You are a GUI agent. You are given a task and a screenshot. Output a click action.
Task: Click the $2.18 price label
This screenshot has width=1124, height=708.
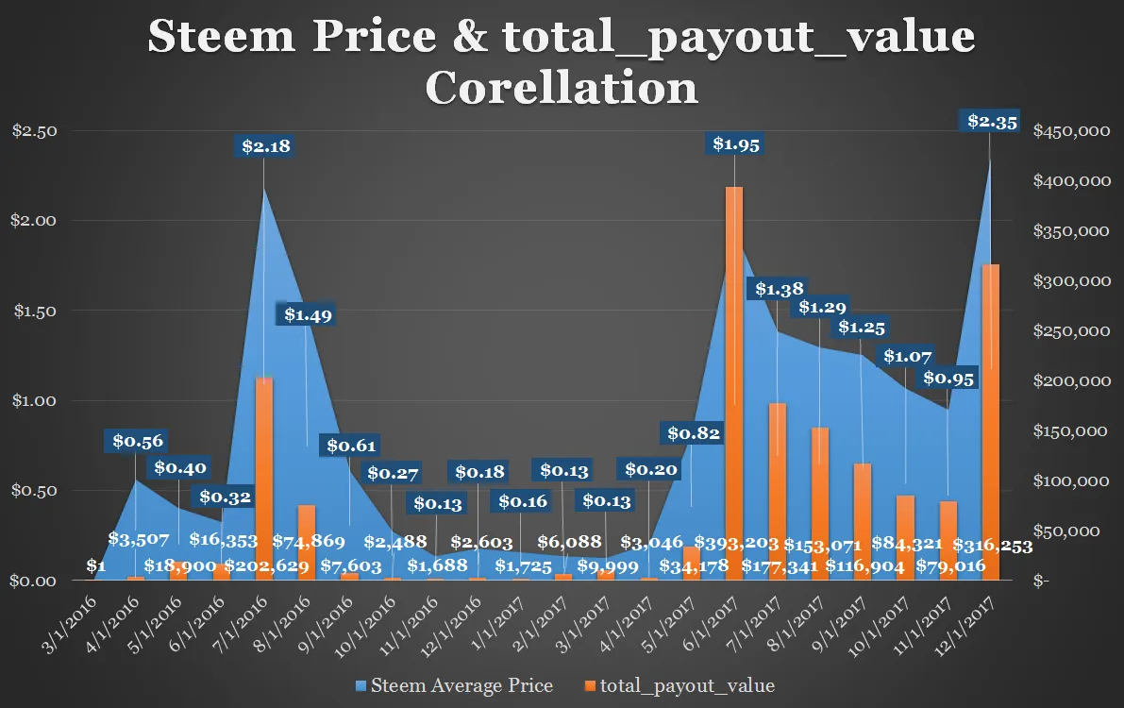[x=263, y=146]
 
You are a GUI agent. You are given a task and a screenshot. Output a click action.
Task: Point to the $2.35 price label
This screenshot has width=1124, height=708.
[x=990, y=121]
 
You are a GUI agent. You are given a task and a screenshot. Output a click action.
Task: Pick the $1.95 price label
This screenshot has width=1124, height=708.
[x=735, y=143]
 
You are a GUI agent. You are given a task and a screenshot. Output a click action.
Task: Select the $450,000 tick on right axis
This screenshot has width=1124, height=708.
[x=1072, y=131]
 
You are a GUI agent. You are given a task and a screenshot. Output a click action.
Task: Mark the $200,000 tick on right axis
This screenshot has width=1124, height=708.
[x=1072, y=381]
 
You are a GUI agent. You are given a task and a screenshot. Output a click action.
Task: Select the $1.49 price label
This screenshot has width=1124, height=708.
[x=306, y=314]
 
